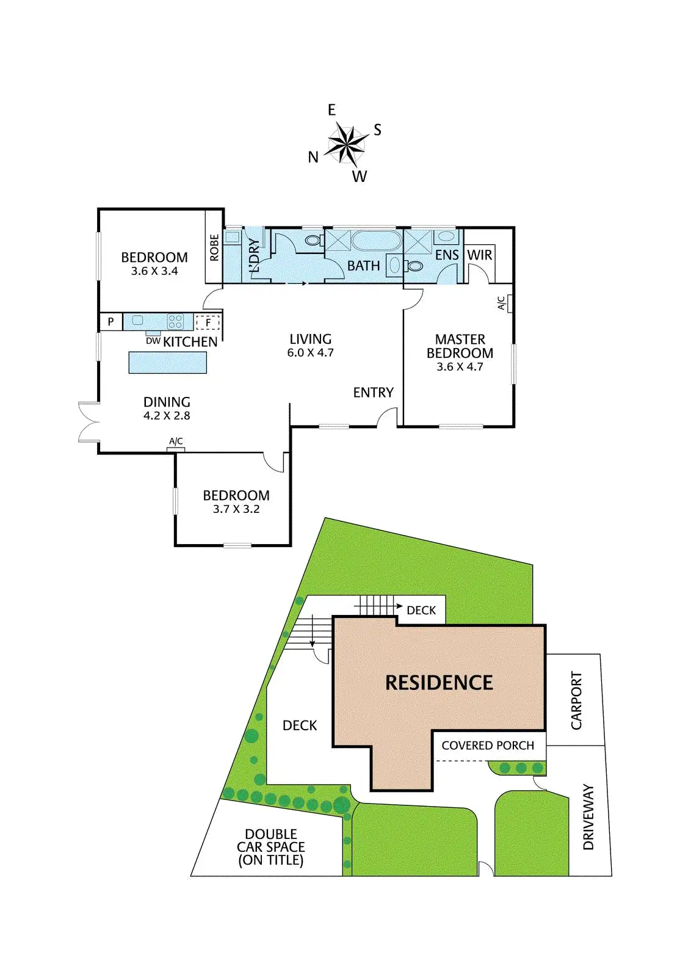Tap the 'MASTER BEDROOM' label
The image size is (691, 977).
[460, 346]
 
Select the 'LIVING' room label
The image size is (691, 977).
[310, 339]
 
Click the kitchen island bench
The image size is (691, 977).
[167, 363]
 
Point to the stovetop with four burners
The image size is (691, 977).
[175, 321]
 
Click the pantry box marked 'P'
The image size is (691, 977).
[110, 321]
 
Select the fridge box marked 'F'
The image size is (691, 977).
[208, 322]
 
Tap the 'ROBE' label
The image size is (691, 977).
[214, 247]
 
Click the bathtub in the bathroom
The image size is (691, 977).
[376, 240]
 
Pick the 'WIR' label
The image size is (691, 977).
[479, 255]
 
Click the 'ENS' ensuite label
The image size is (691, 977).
[447, 255]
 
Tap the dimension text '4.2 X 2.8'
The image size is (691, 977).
[167, 416]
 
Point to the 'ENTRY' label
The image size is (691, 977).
[373, 393]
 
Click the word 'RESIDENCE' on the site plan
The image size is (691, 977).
[439, 683]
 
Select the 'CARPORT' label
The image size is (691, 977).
[576, 700]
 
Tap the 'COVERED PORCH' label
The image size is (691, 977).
[488, 746]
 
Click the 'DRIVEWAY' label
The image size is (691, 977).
[588, 817]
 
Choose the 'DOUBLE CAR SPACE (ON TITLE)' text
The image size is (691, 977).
[270, 847]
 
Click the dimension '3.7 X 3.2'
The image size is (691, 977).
[236, 509]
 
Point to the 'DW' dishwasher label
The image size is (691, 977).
[153, 341]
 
